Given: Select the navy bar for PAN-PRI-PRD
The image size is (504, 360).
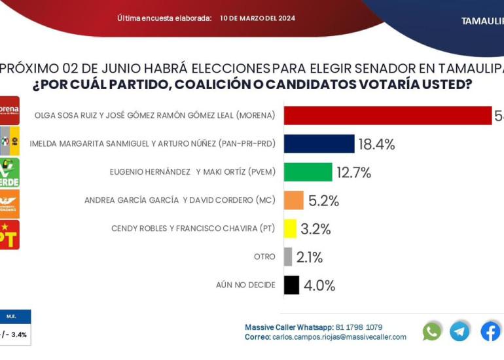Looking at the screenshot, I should click(319, 144).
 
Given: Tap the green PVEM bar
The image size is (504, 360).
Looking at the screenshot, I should click(308, 172).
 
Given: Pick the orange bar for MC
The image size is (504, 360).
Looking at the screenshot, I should click(293, 200).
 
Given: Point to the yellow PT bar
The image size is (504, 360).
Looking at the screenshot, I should click(290, 228).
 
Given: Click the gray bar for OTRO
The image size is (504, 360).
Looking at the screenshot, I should click(288, 257).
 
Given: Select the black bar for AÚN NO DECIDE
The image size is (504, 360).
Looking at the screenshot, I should click(291, 285).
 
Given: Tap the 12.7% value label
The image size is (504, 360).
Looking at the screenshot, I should click(354, 173).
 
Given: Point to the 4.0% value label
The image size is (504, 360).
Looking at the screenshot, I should click(319, 285).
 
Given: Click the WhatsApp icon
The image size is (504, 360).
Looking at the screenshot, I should click(432, 331).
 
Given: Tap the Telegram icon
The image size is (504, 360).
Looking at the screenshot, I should click(459, 331).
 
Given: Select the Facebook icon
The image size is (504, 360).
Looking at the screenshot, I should click(490, 331).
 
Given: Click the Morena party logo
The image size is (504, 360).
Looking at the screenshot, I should click(10, 109).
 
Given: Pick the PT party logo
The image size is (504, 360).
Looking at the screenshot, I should click(10, 235).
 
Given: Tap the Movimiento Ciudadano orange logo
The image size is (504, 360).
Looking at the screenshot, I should click(10, 204).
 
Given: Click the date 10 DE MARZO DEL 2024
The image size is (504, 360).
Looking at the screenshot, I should click(257, 18).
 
